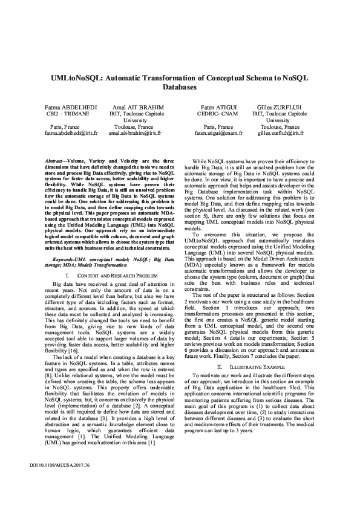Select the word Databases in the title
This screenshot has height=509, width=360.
point(180,88)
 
